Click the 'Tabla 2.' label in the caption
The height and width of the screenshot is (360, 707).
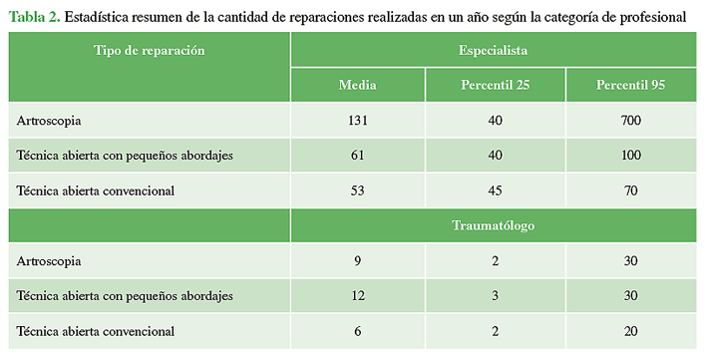tap(35, 17)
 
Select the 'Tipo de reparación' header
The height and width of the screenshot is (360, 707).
tap(150, 50)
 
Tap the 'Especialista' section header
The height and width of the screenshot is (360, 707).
tap(493, 50)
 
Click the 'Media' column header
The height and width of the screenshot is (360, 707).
tap(358, 85)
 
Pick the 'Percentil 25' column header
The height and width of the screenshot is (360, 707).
tap(495, 85)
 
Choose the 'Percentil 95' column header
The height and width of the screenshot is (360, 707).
tap(630, 85)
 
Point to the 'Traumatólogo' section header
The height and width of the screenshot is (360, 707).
tap(494, 225)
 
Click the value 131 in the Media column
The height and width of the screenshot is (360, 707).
tap(358, 121)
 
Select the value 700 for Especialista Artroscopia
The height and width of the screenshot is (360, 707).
tap(631, 121)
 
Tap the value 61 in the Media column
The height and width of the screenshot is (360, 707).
tap(358, 156)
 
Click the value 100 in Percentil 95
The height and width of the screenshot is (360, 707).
tap(631, 156)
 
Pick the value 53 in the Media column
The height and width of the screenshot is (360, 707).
tap(358, 190)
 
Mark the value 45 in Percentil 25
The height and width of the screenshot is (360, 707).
tap(495, 190)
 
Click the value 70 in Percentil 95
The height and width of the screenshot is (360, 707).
tap(631, 190)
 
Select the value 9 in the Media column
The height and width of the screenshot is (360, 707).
tap(358, 261)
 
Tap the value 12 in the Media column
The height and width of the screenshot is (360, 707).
tap(358, 296)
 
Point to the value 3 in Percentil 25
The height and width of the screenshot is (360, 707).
tap(495, 296)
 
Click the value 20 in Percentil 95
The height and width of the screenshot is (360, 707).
tap(631, 331)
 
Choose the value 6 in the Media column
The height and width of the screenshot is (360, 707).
tap(358, 331)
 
